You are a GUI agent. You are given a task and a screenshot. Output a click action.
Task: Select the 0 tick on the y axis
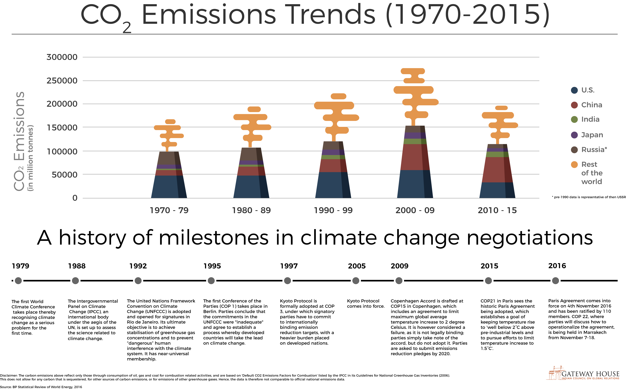(75, 198)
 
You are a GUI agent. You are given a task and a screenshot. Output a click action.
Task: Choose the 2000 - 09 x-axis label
(415, 210)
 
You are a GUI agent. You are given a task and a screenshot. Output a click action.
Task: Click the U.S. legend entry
(588, 90)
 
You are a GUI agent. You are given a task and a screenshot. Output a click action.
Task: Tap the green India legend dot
(574, 119)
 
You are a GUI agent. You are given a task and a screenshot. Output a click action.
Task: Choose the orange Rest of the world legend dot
(574, 165)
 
